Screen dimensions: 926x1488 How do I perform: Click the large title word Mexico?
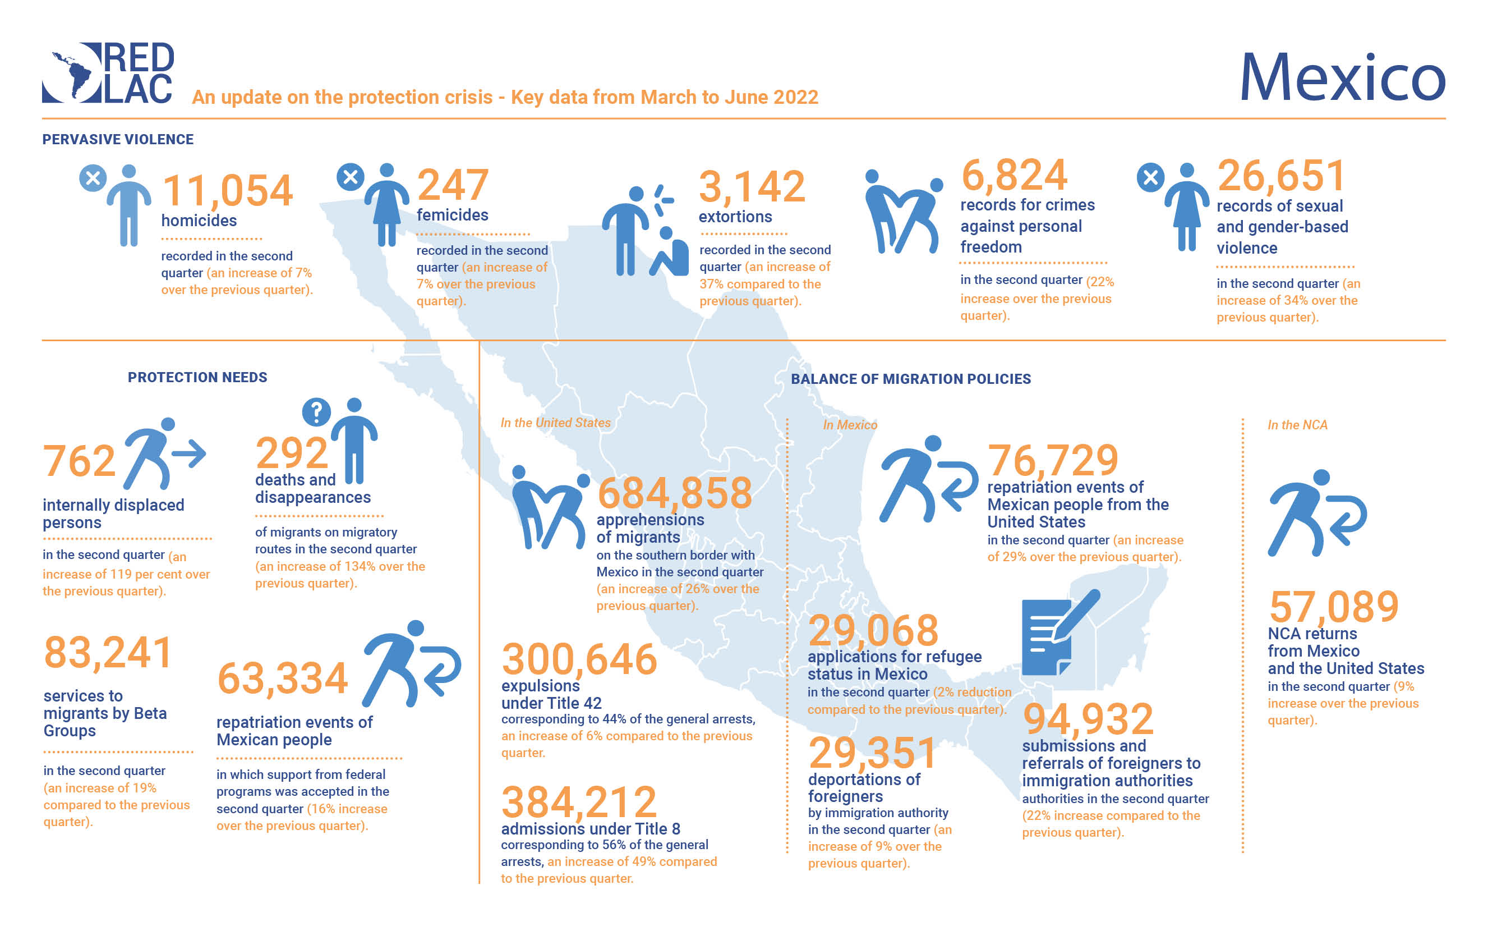point(1342,79)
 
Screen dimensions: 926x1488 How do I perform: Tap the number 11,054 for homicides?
point(228,190)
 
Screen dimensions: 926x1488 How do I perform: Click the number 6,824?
point(1014,175)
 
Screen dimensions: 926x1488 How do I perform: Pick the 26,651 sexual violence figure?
point(1281,176)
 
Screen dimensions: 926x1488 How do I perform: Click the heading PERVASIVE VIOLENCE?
point(118,140)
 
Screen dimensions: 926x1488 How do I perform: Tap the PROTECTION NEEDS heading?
point(197,377)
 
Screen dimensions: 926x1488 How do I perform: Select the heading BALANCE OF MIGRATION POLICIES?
point(910,379)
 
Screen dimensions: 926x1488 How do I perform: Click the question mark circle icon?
point(316,412)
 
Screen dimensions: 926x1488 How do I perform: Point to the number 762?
point(79,461)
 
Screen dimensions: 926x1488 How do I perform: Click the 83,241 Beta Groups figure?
point(108,653)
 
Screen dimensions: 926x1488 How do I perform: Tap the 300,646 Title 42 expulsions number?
point(579,659)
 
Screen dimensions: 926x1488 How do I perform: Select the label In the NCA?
point(1297,425)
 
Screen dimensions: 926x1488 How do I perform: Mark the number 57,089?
point(1334,607)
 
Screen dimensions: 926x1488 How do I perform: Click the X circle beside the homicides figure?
point(93,178)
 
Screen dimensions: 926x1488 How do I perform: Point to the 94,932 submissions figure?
point(1088,719)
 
